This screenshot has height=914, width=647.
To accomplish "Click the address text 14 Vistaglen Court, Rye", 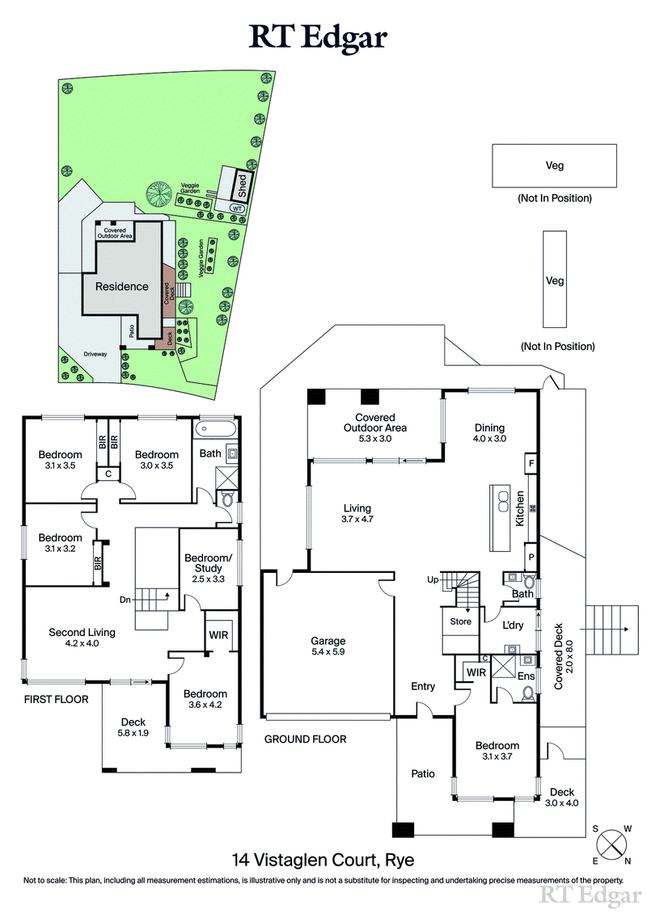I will (323, 859).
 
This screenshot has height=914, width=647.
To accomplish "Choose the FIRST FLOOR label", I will (56, 699).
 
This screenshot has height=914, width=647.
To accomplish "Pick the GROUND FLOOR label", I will (306, 739).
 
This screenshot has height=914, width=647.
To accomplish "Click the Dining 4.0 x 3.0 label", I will (489, 433).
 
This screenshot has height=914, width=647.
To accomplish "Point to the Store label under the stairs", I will (460, 621).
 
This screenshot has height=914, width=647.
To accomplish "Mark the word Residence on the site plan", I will (122, 286).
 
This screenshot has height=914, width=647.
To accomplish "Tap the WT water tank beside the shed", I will (237, 208).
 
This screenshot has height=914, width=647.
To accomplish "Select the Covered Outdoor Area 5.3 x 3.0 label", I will (374, 433).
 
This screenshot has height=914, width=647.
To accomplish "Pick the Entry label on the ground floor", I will (423, 686).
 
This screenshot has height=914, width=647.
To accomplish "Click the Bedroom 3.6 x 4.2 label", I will (205, 699).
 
